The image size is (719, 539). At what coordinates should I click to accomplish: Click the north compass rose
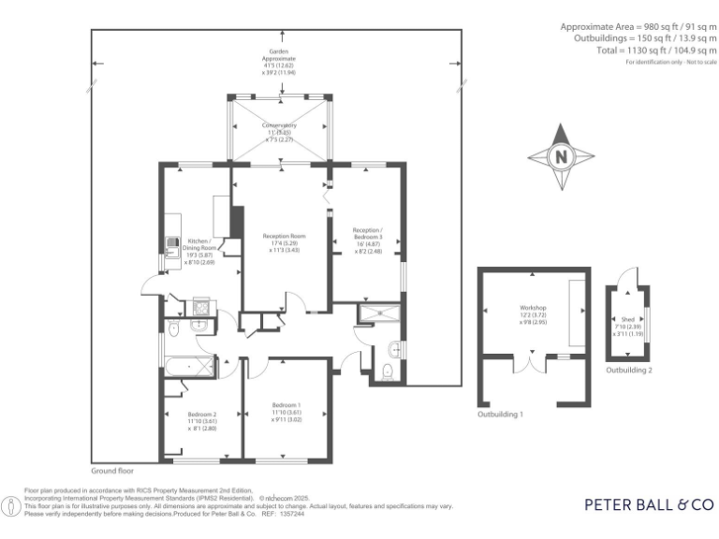(x=562, y=156)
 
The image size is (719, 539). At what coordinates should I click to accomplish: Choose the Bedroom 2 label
(x=201, y=420)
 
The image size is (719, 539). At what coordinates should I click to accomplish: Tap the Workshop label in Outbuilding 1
(x=533, y=314)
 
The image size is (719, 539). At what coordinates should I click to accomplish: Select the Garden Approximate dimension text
(x=278, y=61)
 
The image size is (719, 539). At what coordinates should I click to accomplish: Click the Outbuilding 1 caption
(x=501, y=413)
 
